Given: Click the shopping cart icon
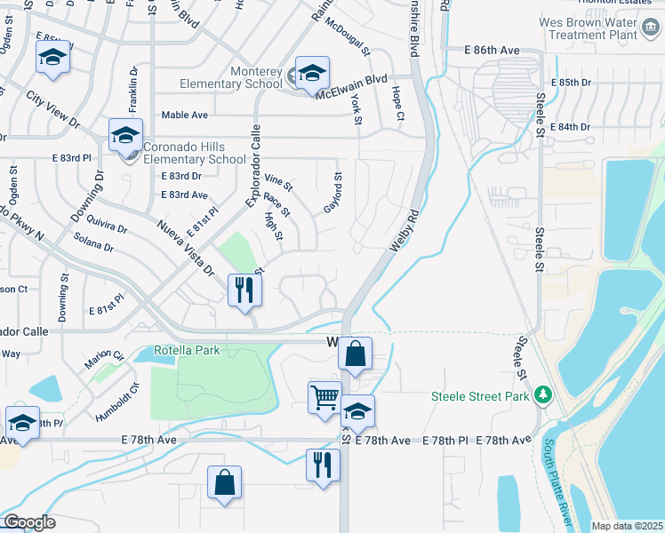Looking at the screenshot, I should (325, 396).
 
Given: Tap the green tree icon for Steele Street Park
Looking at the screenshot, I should (542, 395).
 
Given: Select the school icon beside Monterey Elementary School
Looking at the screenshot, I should (312, 73).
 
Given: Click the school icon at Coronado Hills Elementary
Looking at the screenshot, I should (126, 135).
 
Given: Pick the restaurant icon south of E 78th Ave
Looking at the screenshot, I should (323, 464).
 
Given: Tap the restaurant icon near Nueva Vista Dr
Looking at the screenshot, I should (244, 290).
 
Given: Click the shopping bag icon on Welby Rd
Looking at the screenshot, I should (355, 354).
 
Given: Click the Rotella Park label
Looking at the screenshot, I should (187, 350).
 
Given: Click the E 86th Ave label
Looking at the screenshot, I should (492, 51).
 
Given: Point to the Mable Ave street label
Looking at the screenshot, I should (184, 115).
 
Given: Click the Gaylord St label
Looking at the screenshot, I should (332, 193).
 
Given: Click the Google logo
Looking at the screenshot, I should (28, 521).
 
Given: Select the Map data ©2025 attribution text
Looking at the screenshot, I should (626, 526).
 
